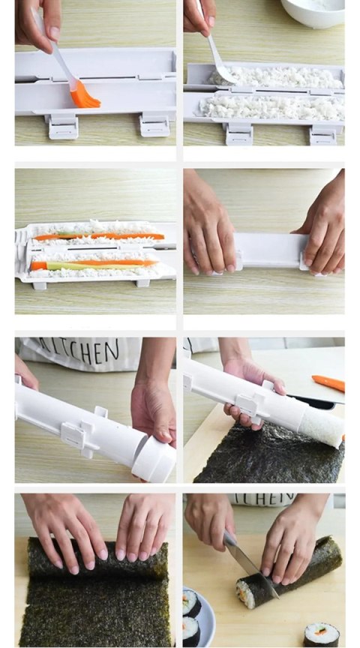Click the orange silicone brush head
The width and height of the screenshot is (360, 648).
point(84,95)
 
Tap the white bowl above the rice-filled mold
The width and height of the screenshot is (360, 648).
point(312,10)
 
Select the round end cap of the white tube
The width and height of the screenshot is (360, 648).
point(154,463)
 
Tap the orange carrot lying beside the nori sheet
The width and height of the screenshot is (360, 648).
point(328,383)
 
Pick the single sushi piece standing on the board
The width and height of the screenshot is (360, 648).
point(321,633)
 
